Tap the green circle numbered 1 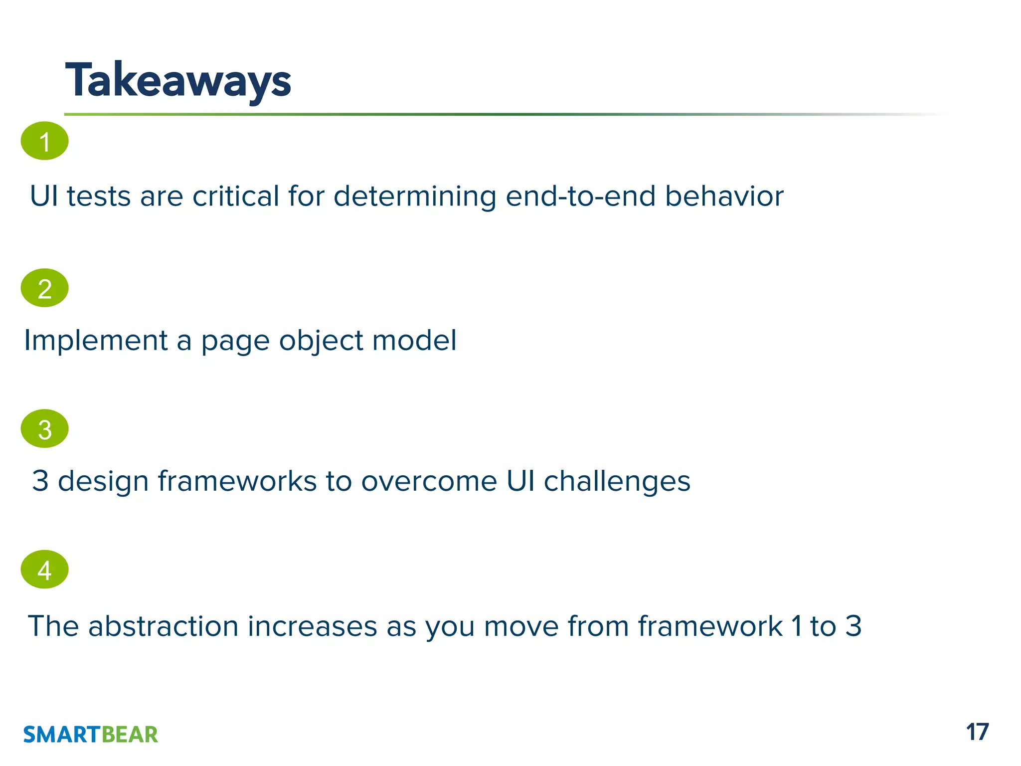(44, 141)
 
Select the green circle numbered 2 (44, 288)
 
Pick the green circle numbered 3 (44, 429)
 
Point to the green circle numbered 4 (44, 570)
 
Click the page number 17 (977, 732)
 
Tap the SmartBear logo (90, 735)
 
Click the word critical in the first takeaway (235, 196)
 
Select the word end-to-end (580, 196)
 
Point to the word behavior (724, 196)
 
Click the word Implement (96, 341)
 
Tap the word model (414, 341)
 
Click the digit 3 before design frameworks (40, 482)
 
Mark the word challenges (617, 482)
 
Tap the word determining (415, 196)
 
